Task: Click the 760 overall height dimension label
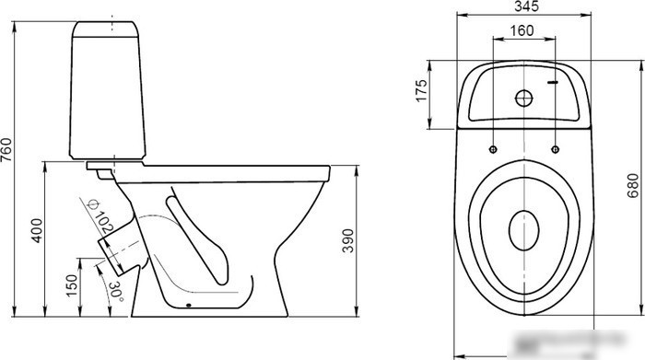(7, 150)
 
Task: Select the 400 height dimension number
(37, 230)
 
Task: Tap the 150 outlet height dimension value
(71, 285)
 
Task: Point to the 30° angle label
(116, 291)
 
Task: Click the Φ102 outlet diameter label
(100, 216)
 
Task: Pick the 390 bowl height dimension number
(348, 240)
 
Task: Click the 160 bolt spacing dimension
(522, 30)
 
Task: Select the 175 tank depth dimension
(421, 91)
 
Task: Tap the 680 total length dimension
(633, 185)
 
